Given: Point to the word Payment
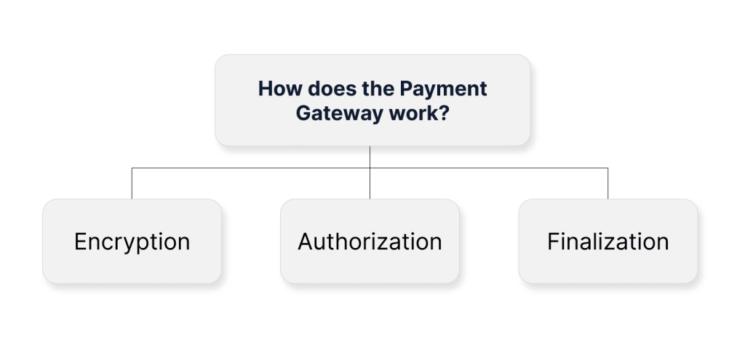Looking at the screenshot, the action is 443,89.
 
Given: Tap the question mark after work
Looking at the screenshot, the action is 444,113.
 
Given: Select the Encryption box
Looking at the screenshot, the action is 132,241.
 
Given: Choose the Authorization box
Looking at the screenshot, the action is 370,241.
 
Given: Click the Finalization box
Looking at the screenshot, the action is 608,241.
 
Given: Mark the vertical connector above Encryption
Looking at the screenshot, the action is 132,183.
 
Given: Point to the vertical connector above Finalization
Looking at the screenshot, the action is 607,183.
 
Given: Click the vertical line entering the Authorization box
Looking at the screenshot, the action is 370,172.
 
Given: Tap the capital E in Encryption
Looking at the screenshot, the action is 80,241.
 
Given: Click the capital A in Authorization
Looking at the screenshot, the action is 306,241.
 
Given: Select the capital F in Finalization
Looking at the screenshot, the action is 553,241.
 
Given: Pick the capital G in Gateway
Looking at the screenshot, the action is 304,113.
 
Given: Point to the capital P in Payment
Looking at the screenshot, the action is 407,89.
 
